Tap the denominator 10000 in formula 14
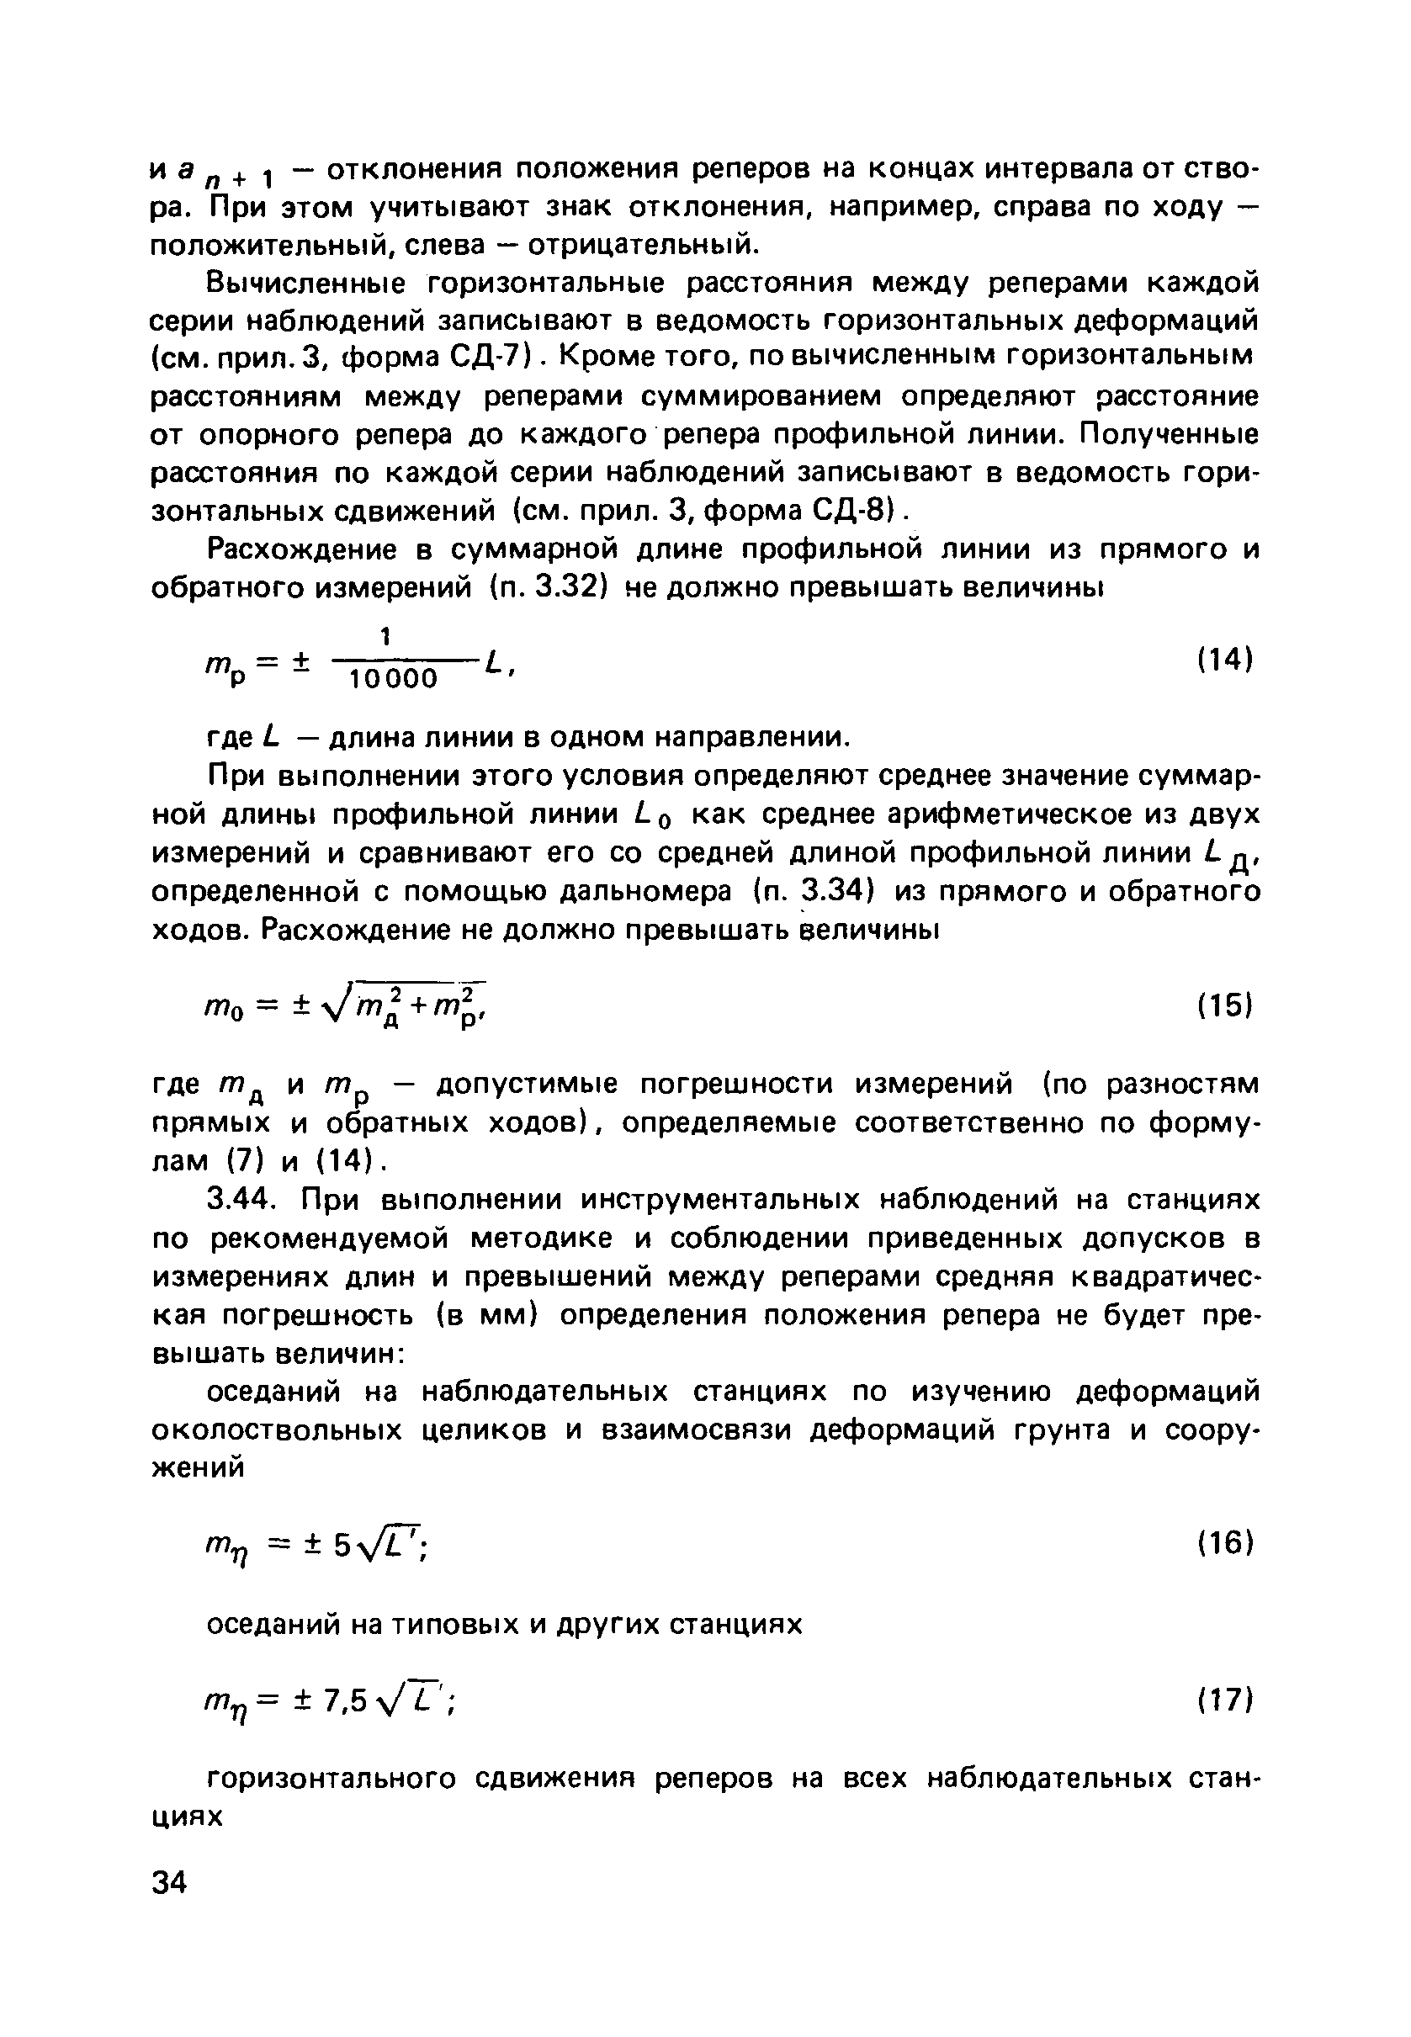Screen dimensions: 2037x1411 (395, 679)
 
